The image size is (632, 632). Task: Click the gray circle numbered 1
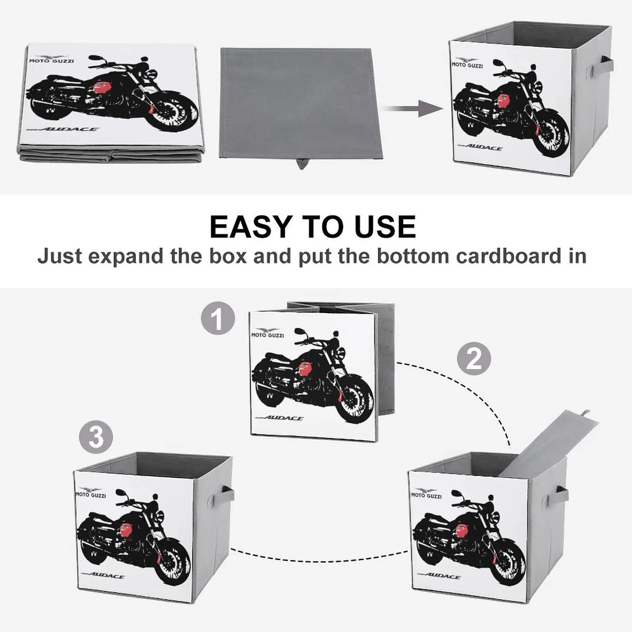pyautogui.click(x=218, y=318)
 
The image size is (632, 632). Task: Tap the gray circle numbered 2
pyautogui.click(x=474, y=359)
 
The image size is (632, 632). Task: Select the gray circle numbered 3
pyautogui.click(x=96, y=437)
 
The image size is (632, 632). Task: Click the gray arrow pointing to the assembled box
pyautogui.click(x=413, y=108)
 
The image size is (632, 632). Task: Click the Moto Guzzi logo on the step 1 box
pyautogui.click(x=267, y=333)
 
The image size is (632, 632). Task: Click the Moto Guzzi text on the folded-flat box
pyautogui.click(x=51, y=60)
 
